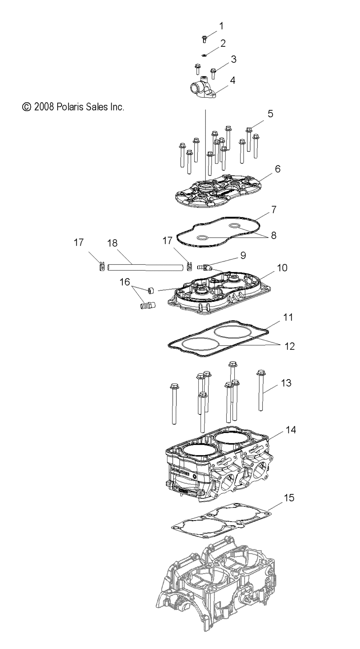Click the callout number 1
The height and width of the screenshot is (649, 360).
221,26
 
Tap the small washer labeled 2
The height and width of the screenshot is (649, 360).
204,55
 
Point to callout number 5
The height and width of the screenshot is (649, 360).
270,114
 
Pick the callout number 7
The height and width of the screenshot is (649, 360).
274,209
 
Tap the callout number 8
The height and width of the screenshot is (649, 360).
274,236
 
